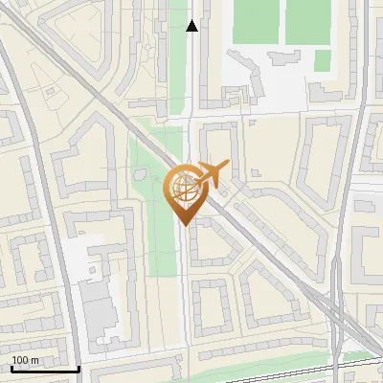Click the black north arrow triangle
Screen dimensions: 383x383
(192, 26)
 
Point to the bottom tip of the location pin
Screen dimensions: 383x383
(184, 224)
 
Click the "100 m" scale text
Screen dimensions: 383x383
(25, 359)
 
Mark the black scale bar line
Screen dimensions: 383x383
(44, 369)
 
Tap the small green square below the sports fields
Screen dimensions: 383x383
(323, 60)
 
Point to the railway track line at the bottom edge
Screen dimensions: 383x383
(287, 367)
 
